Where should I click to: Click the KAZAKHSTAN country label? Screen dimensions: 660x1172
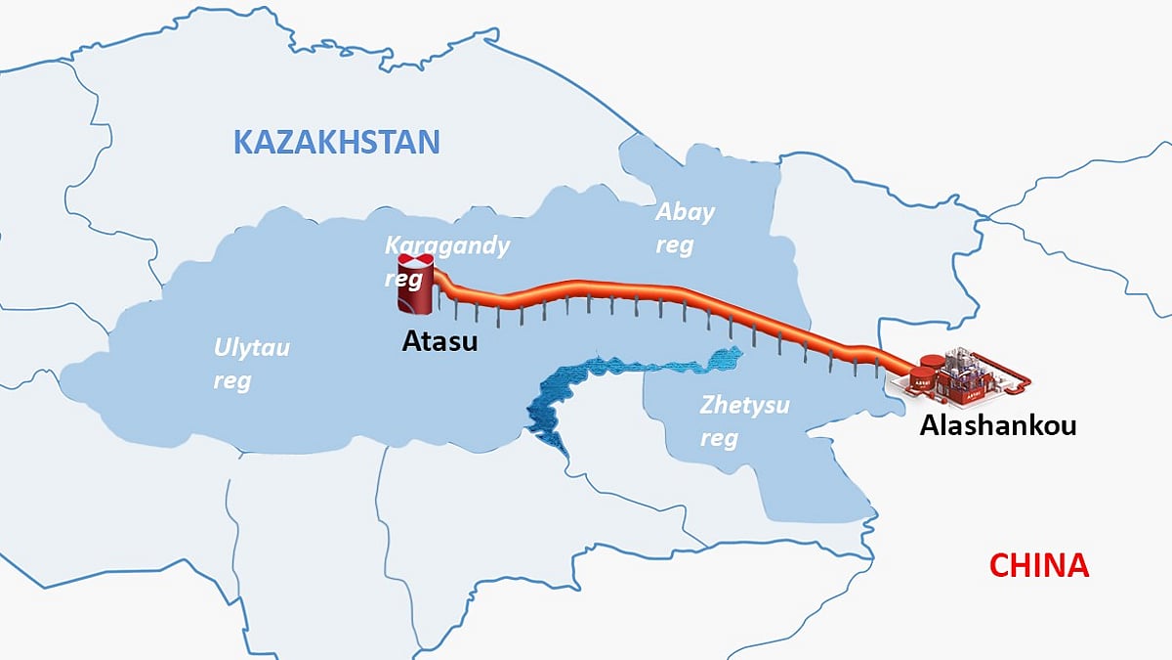click(336, 142)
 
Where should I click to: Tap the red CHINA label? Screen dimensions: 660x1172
click(1038, 565)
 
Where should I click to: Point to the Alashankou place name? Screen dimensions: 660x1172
click(997, 426)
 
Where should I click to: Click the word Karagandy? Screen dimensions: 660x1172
click(447, 245)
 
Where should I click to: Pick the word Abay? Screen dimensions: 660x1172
click(685, 212)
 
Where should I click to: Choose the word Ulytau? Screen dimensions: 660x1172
click(252, 348)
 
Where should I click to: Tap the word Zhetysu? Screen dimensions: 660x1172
click(744, 405)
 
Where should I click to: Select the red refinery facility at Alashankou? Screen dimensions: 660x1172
click(962, 379)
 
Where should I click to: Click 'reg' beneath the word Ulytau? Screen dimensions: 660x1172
click(231, 380)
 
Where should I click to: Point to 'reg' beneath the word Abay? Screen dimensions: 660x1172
click(674, 245)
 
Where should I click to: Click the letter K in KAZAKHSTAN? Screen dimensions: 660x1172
click(243, 142)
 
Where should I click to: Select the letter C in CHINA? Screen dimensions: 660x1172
click(998, 565)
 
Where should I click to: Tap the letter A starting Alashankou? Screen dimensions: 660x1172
click(929, 426)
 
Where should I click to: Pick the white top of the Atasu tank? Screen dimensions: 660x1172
click(416, 262)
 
